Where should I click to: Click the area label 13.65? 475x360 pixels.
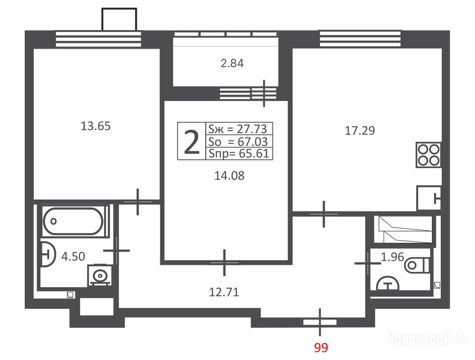pyautogui.click(x=96, y=126)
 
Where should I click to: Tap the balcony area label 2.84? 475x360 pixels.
pyautogui.click(x=232, y=63)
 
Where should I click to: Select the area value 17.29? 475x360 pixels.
pyautogui.click(x=360, y=131)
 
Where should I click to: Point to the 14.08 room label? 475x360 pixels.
pyautogui.click(x=230, y=176)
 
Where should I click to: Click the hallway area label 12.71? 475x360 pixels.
pyautogui.click(x=224, y=292)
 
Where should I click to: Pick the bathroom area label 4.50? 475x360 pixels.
pyautogui.click(x=73, y=257)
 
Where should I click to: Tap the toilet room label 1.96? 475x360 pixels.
pyautogui.click(x=392, y=257)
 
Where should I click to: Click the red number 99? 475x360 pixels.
pyautogui.click(x=321, y=347)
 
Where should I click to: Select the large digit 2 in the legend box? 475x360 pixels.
pyautogui.click(x=192, y=141)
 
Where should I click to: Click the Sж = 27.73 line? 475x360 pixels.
pyautogui.click(x=238, y=129)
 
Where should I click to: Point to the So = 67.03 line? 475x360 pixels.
pyautogui.click(x=238, y=142)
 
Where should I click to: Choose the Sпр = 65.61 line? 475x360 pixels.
pyautogui.click(x=239, y=154)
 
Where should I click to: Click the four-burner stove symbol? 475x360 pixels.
pyautogui.click(x=428, y=155)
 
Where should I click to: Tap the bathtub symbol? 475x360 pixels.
pyautogui.click(x=73, y=221)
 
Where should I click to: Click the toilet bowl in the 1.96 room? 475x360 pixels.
pyautogui.click(x=417, y=265)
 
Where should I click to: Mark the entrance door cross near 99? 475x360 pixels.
pyautogui.click(x=320, y=322)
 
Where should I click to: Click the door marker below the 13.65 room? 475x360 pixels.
pyautogui.click(x=138, y=202)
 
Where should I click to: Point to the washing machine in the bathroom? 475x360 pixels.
pyautogui.click(x=100, y=276)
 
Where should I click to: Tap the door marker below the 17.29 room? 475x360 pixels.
pyautogui.click(x=324, y=214)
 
